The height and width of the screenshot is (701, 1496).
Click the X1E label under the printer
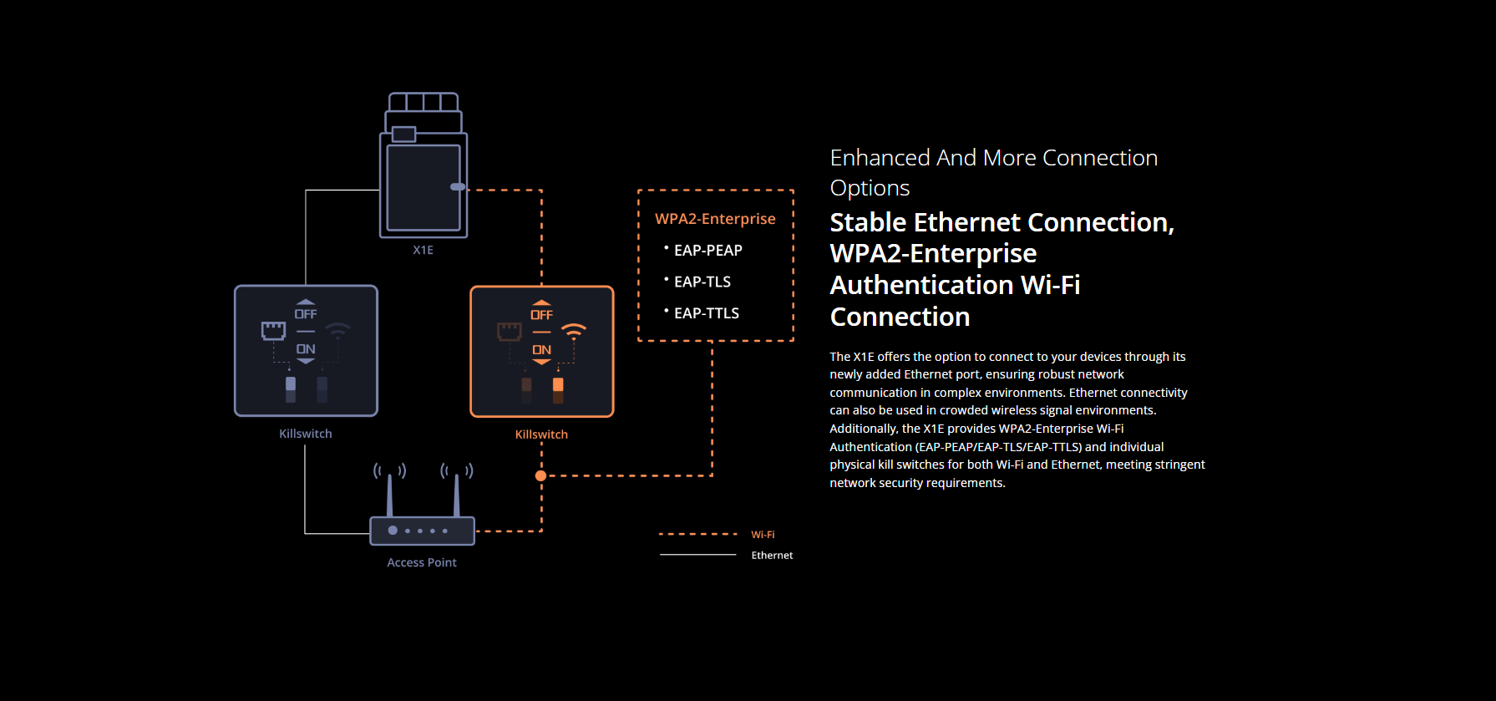click(x=423, y=250)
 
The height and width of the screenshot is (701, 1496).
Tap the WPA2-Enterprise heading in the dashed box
click(x=715, y=219)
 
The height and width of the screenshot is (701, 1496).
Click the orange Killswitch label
click(x=541, y=434)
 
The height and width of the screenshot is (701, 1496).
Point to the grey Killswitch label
click(x=306, y=434)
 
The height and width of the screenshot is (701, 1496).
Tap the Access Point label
click(x=422, y=562)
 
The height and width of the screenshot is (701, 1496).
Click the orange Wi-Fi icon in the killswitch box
click(x=574, y=331)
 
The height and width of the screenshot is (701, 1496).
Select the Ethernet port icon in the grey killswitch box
click(x=274, y=331)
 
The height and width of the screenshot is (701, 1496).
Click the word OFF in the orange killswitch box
click(x=541, y=315)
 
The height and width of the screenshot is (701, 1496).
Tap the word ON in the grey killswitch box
click(x=306, y=349)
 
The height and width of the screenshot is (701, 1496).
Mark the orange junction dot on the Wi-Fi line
click(x=541, y=475)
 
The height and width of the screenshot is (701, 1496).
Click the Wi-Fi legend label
click(x=763, y=535)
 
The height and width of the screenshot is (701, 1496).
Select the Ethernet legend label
click(x=772, y=556)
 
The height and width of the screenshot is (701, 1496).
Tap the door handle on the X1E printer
click(x=458, y=186)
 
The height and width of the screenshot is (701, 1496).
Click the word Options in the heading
click(x=870, y=189)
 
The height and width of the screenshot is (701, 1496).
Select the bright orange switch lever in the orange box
click(x=558, y=386)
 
